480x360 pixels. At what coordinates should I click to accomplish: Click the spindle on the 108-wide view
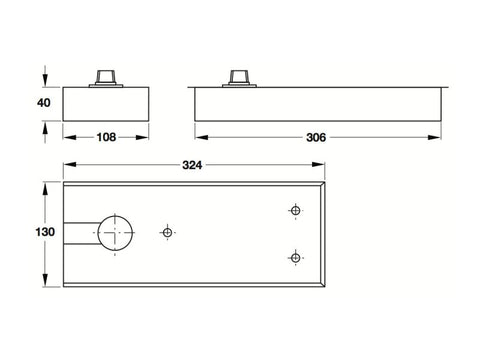[105, 78]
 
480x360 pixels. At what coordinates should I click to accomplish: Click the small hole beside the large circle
[167, 232]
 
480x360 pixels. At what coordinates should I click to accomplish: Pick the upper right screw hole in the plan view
[295, 210]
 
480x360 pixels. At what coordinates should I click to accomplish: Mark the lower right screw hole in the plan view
[295, 258]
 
